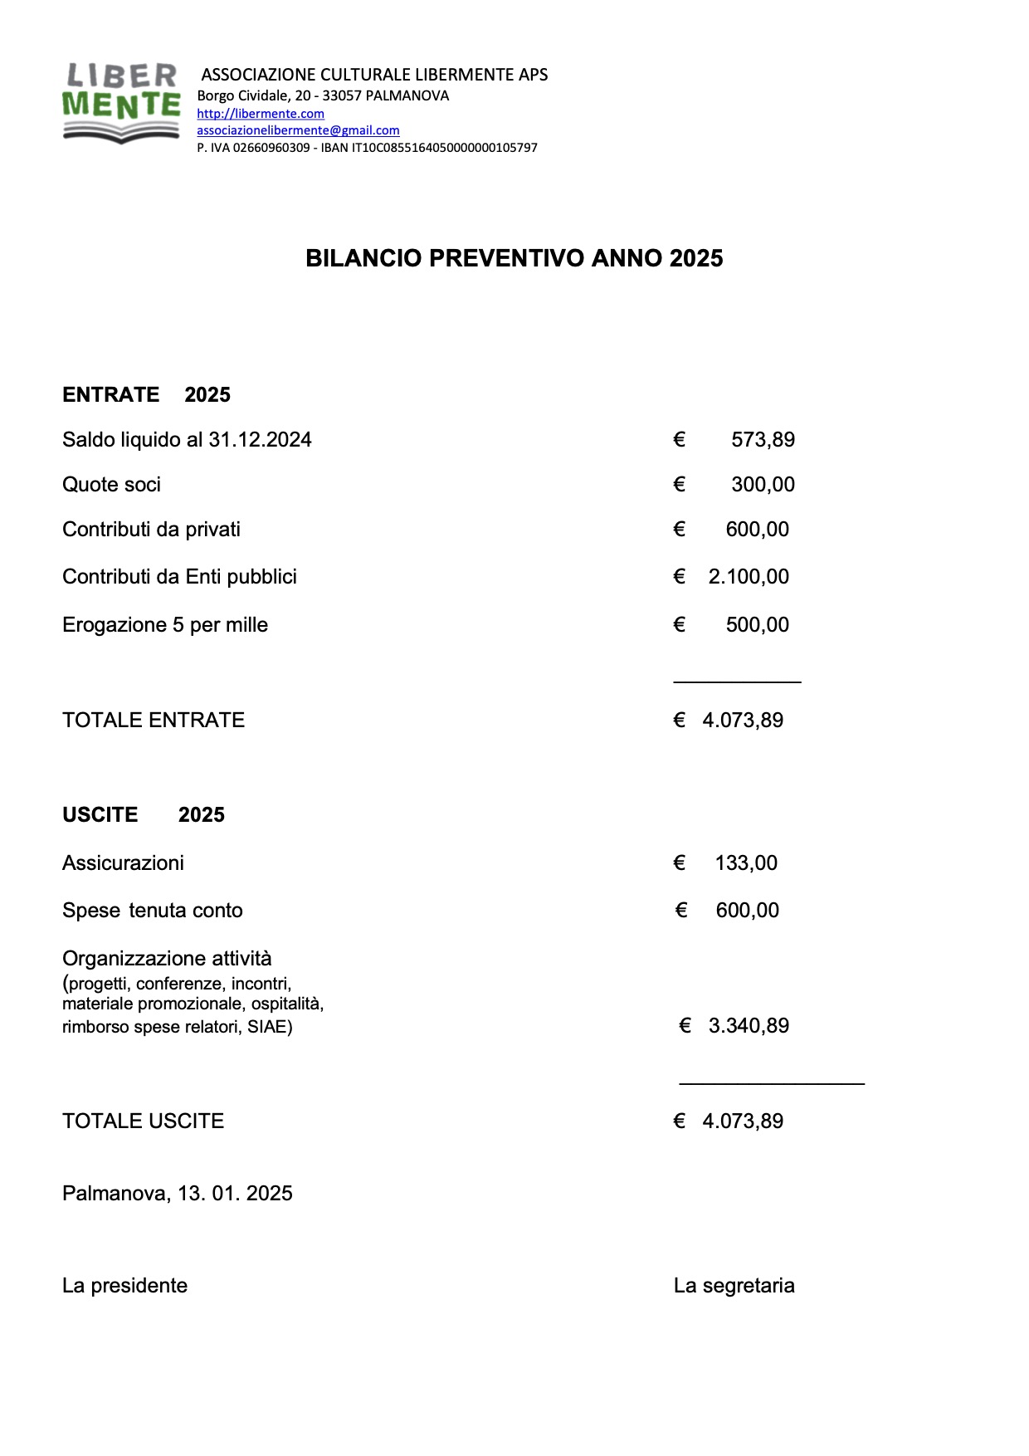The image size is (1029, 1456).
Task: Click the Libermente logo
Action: tap(122, 103)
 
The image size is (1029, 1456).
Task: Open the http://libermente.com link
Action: tap(260, 114)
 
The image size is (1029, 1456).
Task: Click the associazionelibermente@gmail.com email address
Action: tap(298, 130)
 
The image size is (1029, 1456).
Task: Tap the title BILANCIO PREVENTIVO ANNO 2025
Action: tap(514, 258)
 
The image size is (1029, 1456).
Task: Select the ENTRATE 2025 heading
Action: tap(146, 394)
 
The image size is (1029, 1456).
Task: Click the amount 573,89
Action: tap(762, 440)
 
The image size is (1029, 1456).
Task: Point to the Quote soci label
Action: tap(111, 485)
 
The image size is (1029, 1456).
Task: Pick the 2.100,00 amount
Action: tap(748, 577)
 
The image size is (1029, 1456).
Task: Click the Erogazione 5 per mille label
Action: tap(164, 625)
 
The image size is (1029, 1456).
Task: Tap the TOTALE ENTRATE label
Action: tap(153, 721)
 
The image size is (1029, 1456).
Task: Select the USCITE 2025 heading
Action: tap(143, 814)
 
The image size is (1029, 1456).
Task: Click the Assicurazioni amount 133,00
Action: tap(745, 863)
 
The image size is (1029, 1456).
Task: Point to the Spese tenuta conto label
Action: tap(152, 911)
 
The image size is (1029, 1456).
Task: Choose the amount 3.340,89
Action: tap(748, 1026)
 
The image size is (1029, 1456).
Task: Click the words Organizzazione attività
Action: tap(166, 959)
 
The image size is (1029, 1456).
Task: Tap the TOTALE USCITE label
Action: tap(143, 1121)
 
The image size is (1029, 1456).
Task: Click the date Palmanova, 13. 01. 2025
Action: tap(177, 1194)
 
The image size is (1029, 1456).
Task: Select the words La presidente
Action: tap(124, 1286)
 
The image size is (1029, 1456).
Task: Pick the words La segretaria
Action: tap(734, 1286)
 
